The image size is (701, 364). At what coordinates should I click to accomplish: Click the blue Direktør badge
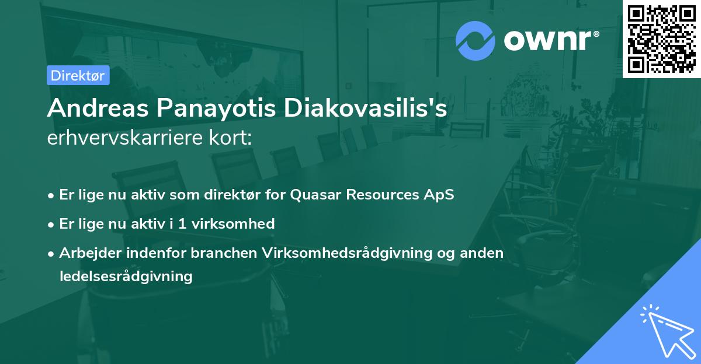(x=78, y=75)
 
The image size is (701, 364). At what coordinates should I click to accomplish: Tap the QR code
(x=662, y=38)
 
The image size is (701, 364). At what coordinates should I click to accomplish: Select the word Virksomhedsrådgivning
(x=349, y=253)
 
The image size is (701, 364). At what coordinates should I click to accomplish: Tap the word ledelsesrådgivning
(x=126, y=276)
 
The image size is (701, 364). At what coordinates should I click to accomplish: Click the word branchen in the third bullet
(x=227, y=253)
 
